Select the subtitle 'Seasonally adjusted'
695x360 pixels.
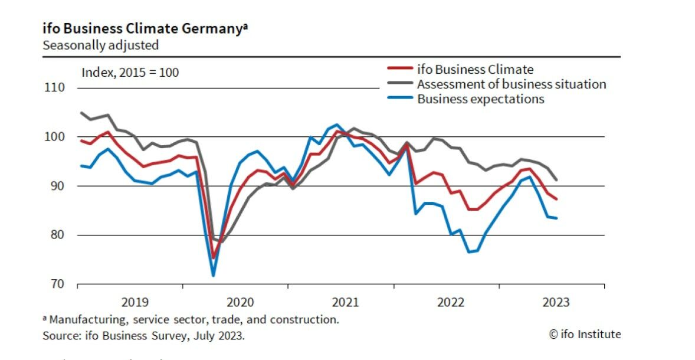pyautogui.click(x=100, y=45)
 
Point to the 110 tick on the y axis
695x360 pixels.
pyautogui.click(x=54, y=88)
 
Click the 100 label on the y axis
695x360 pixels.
pyautogui.click(x=54, y=137)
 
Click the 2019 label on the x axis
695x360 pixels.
pyautogui.click(x=136, y=302)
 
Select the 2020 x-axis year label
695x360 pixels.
pyautogui.click(x=241, y=302)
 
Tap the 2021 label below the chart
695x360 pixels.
pyautogui.click(x=346, y=302)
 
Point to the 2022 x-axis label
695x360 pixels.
pyautogui.click(x=451, y=302)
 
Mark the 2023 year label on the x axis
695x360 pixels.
pyautogui.click(x=556, y=302)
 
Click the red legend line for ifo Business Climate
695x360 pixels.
pyautogui.click(x=399, y=70)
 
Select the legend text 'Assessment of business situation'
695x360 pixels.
pyautogui.click(x=512, y=84)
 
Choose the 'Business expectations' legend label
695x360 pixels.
pyautogui.click(x=480, y=99)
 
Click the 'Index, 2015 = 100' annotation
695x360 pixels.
pyautogui.click(x=130, y=73)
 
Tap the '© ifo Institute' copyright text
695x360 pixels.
pyautogui.click(x=585, y=335)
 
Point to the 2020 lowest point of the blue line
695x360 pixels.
pyautogui.click(x=213, y=276)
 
